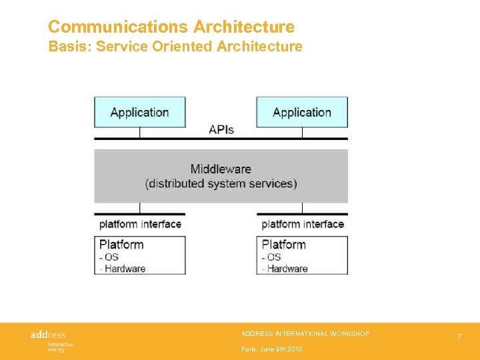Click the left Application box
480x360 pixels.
coord(139,112)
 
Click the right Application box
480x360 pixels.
coord(302,112)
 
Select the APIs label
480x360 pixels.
coord(221,129)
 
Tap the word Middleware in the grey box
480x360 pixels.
coord(221,169)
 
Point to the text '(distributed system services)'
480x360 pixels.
coord(221,183)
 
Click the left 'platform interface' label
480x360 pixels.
coord(140,224)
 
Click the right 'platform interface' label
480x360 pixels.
coord(303,224)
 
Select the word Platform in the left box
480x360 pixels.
coord(121,245)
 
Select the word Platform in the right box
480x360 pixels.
coord(284,245)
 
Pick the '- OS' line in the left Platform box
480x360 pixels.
coord(109,257)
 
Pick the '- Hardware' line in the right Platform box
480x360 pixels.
coord(285,269)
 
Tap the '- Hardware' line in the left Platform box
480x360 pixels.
coord(123,269)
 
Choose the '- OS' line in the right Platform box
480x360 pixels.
coord(272,257)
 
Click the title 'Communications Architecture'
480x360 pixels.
coord(171,27)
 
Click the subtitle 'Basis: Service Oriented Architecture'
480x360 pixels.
coord(175,47)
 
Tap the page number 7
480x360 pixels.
coord(459,337)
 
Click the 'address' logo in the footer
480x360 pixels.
coord(49,335)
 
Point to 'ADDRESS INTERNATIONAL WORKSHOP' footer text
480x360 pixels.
coord(305,333)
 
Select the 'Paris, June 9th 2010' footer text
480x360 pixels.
coord(271,349)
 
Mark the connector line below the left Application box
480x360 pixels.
coord(139,133)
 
